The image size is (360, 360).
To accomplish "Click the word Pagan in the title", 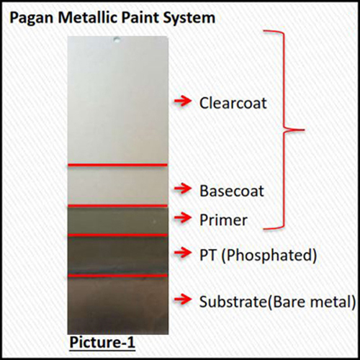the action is pyautogui.click(x=32, y=19).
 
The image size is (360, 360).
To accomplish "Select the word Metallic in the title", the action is pyautogui.click(x=88, y=17).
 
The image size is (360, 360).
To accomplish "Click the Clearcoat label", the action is pyautogui.click(x=233, y=103).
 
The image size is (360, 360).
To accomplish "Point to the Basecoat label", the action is pyautogui.click(x=232, y=191).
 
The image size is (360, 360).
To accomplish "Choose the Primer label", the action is pyautogui.click(x=223, y=220).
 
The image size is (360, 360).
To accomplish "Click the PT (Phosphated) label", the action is pyautogui.click(x=258, y=255).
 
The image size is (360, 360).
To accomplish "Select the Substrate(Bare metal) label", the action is pyautogui.click(x=277, y=302).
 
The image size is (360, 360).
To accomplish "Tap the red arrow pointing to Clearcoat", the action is pyautogui.click(x=183, y=102).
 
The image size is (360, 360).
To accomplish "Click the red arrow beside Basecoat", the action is pyautogui.click(x=183, y=189).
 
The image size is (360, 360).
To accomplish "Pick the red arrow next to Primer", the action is pyautogui.click(x=183, y=218).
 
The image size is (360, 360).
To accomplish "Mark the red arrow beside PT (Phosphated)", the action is pyautogui.click(x=183, y=253).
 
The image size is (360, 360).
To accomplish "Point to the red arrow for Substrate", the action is pyautogui.click(x=183, y=300).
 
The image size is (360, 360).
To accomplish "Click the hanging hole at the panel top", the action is pyautogui.click(x=117, y=40).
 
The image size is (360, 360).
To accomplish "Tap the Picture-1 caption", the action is pyautogui.click(x=102, y=343).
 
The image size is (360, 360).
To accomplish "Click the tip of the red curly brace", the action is pyautogui.click(x=304, y=130).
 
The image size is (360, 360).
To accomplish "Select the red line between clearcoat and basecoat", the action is pyautogui.click(x=117, y=165).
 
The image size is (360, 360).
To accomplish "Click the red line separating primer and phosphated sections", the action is pyautogui.click(x=117, y=235).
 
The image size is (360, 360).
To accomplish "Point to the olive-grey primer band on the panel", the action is pyautogui.click(x=118, y=220).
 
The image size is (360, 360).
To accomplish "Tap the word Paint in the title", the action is pyautogui.click(x=140, y=17).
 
